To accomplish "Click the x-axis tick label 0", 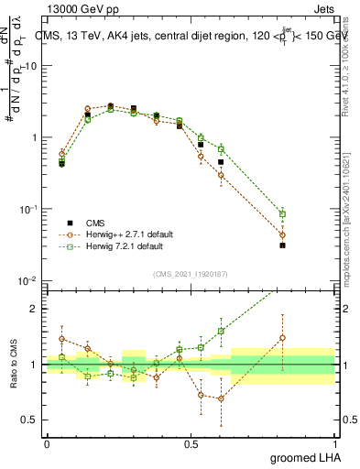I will pos(47,443).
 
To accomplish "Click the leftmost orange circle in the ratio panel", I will pos(61,339).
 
